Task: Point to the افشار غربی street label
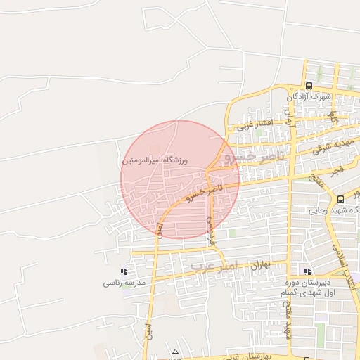[x=254, y=126]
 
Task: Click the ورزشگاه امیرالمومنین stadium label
[x=156, y=160]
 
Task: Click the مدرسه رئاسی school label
[x=124, y=283]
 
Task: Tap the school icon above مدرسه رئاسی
[x=124, y=271]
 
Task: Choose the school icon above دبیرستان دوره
[x=306, y=271]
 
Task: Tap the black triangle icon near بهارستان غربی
[x=175, y=352]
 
